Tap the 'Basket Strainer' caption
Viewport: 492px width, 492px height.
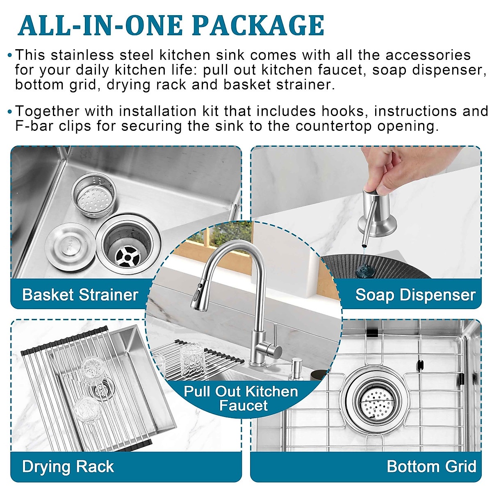coord(80,295)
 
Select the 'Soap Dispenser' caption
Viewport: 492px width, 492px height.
coord(415,295)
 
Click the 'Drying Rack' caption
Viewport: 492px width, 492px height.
coord(68,467)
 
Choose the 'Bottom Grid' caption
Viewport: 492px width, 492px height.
coord(431,467)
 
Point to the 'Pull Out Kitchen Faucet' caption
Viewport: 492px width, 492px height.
coord(241,398)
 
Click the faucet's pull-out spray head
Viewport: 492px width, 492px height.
coord(198,293)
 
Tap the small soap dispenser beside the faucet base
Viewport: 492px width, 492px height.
coord(296,369)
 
